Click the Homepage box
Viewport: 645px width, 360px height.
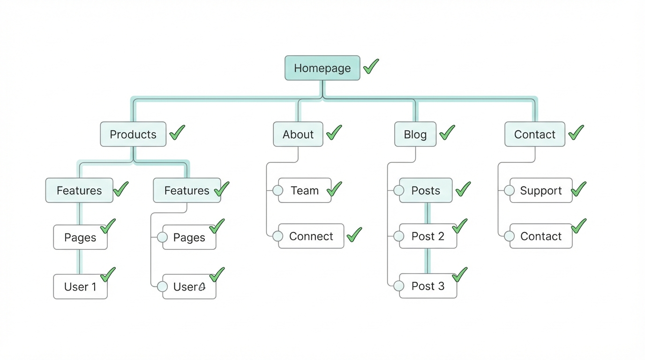coord(322,68)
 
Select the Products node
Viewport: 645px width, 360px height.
coord(133,135)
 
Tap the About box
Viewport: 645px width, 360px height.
coord(298,135)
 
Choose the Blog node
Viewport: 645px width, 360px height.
coord(415,135)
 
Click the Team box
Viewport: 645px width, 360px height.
coord(305,190)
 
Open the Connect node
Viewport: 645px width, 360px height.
coord(311,236)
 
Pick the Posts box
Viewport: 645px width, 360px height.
coord(426,190)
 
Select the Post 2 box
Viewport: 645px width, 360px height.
coord(427,236)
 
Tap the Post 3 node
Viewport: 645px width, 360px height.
coord(427,286)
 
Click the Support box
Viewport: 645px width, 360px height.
coord(540,190)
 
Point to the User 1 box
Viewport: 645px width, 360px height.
coord(80,287)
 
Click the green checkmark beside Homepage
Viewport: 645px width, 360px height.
coord(371,66)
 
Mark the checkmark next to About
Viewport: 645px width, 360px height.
coord(334,133)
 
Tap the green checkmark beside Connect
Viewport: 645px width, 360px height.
coord(354,234)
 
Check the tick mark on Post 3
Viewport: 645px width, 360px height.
coord(459,275)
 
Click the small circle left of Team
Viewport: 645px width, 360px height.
coord(278,190)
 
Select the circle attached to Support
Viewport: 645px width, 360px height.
coord(510,190)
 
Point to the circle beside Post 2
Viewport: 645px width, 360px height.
coord(399,236)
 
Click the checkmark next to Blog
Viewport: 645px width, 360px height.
coord(447,133)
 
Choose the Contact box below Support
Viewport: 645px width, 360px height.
coord(540,236)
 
